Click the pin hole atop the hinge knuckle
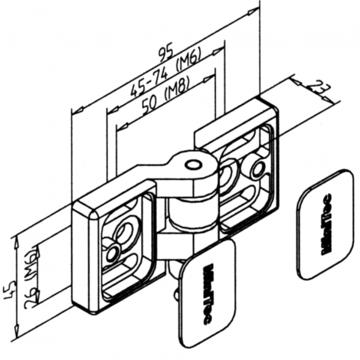[x=193, y=164]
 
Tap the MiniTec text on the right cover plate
[x=326, y=224]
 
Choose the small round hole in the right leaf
[x=259, y=170]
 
